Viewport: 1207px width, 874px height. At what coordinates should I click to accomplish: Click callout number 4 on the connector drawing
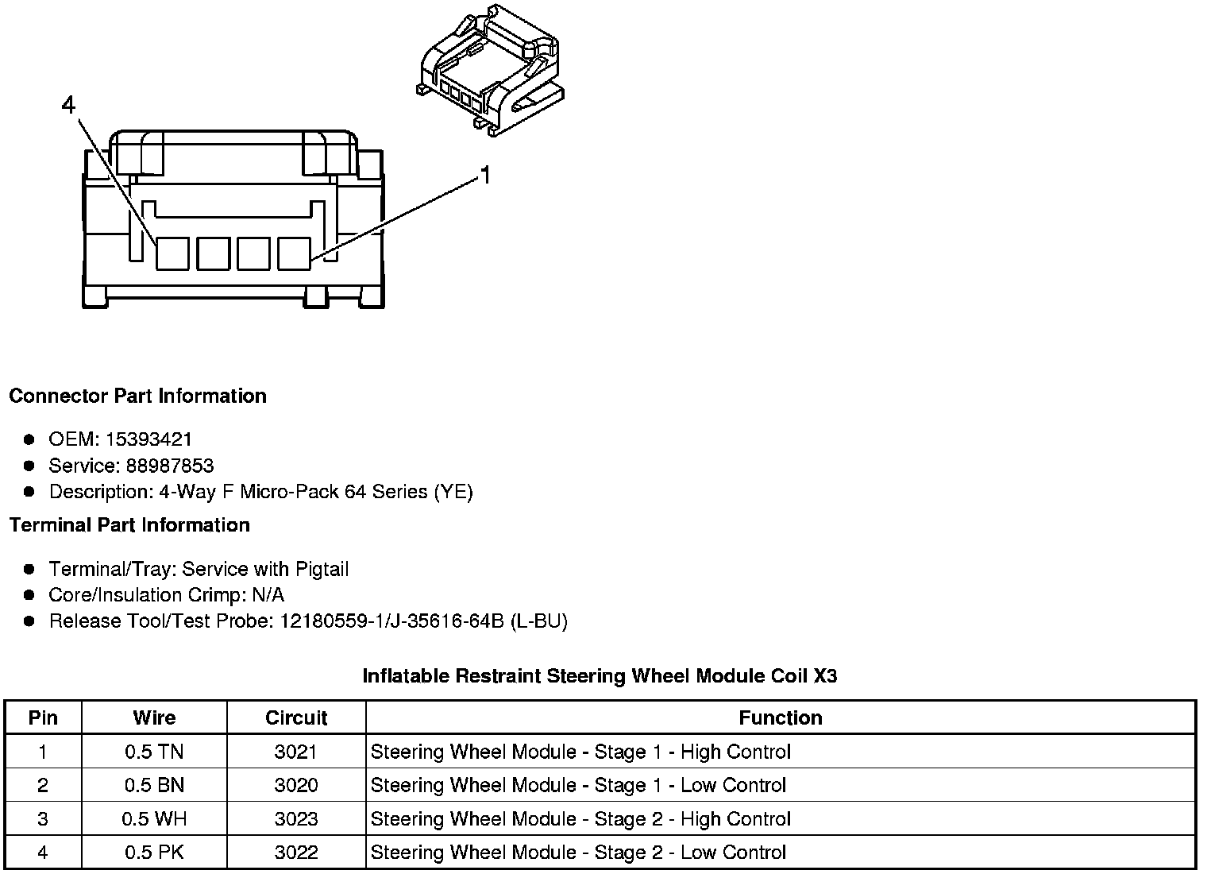[x=69, y=104]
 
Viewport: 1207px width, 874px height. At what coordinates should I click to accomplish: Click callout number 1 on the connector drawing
[x=485, y=175]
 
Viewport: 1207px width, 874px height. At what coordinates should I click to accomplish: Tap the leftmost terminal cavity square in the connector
[x=172, y=253]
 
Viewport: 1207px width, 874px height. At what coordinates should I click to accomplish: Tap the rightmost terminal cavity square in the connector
[x=294, y=253]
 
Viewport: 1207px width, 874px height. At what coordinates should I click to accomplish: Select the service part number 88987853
[x=170, y=466]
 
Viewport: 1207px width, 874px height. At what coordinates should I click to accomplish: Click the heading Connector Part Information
[x=137, y=396]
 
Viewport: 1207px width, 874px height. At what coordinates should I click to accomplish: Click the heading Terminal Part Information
[x=129, y=525]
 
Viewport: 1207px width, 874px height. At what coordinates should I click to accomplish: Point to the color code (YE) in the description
[x=453, y=492]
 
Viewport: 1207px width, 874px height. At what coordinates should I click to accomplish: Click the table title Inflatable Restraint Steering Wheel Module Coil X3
[x=600, y=676]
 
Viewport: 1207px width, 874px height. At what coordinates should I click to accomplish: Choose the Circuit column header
[x=296, y=718]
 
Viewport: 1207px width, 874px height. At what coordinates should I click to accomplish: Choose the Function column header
[x=780, y=718]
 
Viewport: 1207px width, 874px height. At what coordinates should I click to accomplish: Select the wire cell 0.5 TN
[x=154, y=752]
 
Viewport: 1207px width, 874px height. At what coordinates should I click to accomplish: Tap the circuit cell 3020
[x=296, y=786]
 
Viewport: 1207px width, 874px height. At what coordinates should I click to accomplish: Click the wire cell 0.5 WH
[x=154, y=819]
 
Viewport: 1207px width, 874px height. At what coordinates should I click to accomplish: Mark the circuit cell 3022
[x=296, y=853]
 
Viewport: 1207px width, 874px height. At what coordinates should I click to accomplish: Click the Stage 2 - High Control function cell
[x=580, y=819]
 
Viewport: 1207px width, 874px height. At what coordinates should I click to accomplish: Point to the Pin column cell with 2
[x=43, y=786]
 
